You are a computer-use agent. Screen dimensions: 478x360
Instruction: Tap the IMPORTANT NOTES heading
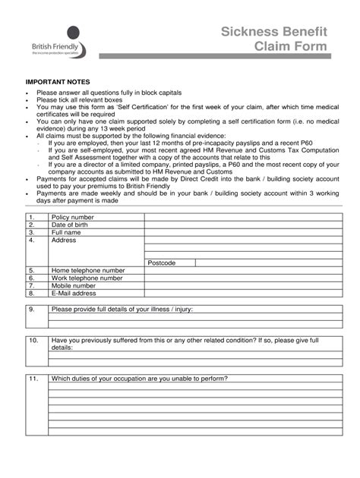(x=58, y=80)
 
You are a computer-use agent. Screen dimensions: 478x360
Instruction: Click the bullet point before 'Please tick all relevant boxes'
(x=27, y=100)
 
